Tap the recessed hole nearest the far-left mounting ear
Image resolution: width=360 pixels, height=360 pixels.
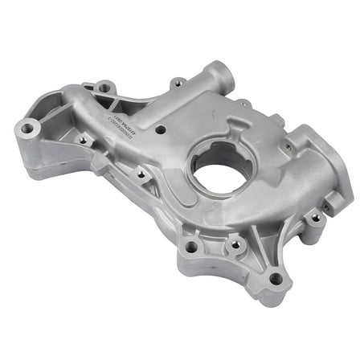point(83,139)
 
